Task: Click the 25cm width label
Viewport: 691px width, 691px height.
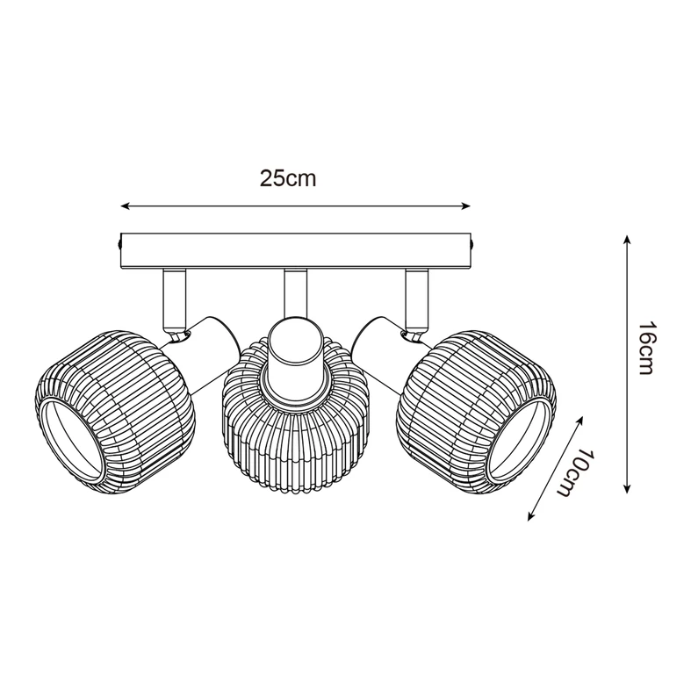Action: tap(287, 178)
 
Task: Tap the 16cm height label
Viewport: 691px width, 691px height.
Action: tap(646, 349)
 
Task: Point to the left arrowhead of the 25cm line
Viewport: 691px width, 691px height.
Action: tap(125, 207)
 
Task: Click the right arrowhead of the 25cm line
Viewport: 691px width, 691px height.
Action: tap(467, 207)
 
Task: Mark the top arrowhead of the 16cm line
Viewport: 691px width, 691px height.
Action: tap(626, 239)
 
